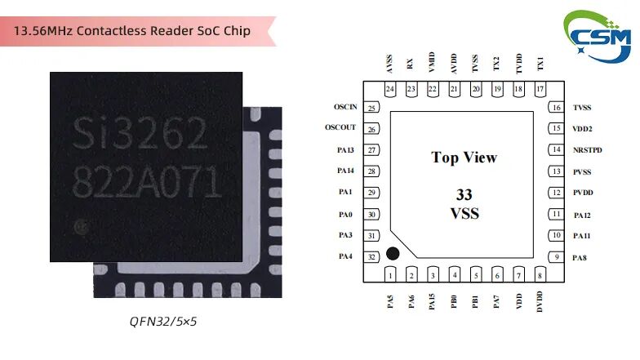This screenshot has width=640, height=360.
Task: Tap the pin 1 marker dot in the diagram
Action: click(393, 255)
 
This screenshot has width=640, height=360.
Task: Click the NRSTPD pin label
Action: click(588, 150)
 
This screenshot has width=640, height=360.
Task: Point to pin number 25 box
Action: click(372, 108)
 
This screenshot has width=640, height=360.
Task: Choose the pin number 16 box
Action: click(556, 108)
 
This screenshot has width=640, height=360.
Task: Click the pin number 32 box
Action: click(372, 257)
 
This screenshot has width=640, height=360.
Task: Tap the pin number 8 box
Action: click(540, 276)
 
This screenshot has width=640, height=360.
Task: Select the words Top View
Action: click(464, 158)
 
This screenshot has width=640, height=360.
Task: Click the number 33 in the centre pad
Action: click(464, 195)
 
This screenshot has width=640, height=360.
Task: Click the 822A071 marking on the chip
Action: click(147, 179)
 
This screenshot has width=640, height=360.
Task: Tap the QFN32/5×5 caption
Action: click(163, 322)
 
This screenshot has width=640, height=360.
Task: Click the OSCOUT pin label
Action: click(340, 129)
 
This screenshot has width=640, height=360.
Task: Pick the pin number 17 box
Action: click(540, 89)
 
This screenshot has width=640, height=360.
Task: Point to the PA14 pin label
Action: click(345, 171)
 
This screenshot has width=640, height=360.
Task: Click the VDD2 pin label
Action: click(582, 129)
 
